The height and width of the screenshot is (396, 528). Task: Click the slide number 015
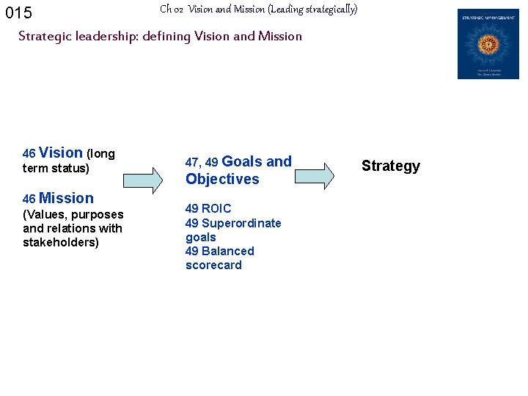18,13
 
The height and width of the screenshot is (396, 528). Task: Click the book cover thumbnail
488,44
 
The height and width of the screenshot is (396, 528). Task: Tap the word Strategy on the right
391,166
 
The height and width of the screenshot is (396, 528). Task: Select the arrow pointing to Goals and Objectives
142,179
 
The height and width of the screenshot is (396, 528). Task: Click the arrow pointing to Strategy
314,176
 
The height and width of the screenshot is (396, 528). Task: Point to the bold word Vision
61,153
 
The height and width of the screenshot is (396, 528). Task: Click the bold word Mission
66,198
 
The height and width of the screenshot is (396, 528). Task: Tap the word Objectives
222,179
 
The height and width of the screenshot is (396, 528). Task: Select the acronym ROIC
216,209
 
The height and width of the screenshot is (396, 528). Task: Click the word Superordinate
241,223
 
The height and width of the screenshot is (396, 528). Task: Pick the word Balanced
228,251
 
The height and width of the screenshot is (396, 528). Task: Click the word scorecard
213,265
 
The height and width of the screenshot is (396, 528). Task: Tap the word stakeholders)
61,242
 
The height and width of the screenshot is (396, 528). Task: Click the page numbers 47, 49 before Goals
202,162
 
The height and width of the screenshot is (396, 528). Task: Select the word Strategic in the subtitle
44,36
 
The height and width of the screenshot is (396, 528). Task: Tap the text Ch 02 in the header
171,10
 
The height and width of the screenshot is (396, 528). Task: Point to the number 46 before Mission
29,199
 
